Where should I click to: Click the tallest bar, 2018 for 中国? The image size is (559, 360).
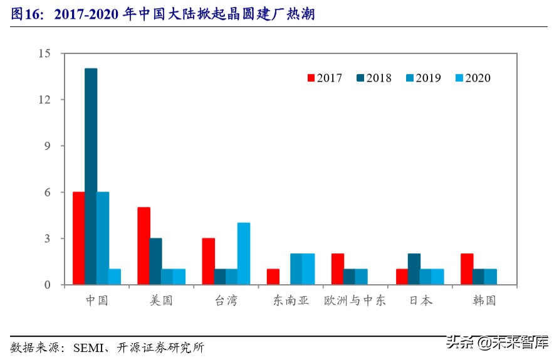pos(91,176)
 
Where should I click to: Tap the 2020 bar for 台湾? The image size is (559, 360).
pos(244,253)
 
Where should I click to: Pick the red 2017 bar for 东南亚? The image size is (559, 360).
pos(273,277)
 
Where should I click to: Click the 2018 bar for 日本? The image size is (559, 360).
pos(414,269)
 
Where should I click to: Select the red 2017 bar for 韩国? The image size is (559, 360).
pos(466,269)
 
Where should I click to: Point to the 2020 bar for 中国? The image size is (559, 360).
pos(115,277)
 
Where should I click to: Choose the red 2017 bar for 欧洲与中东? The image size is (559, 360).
pos(337,269)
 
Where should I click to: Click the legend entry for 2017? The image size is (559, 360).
pos(324,78)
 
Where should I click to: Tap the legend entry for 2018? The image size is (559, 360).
pos(374,78)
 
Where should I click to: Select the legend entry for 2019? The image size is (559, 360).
pos(423,78)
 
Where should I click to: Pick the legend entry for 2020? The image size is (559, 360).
pos(473,78)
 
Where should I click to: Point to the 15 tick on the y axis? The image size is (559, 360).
pos(43,53)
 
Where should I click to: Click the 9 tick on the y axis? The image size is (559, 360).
pos(46,146)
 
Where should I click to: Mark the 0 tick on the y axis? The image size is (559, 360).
pos(46,285)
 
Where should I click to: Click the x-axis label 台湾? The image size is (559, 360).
pos(226,300)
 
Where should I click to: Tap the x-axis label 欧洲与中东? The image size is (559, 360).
pos(355,300)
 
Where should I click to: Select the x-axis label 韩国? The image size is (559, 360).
pos(484,300)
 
